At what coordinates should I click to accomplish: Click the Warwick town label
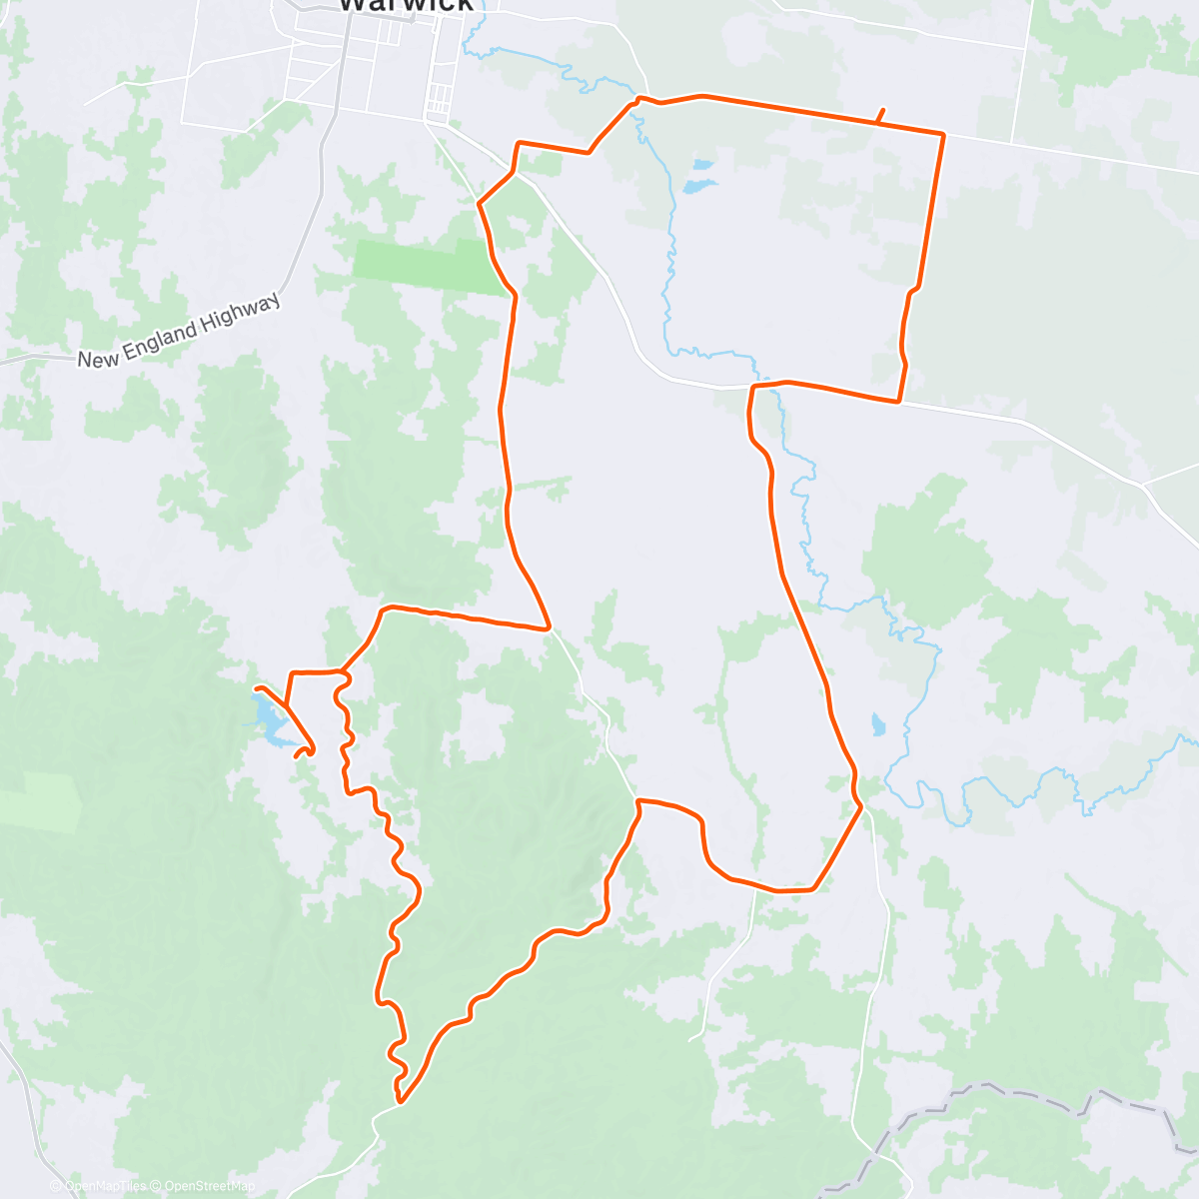pyautogui.click(x=406, y=5)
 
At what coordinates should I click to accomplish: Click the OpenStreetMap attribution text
pyautogui.click(x=209, y=1186)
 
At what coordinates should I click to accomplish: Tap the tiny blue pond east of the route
pyautogui.click(x=878, y=723)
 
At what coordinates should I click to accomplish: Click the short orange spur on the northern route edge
pyautogui.click(x=880, y=115)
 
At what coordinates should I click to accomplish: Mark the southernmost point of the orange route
pyautogui.click(x=400, y=1101)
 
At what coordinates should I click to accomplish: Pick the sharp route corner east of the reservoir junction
pyautogui.click(x=548, y=628)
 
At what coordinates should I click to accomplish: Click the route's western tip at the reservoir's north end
pyautogui.click(x=257, y=688)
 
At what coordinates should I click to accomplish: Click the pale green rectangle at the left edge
pyautogui.click(x=40, y=799)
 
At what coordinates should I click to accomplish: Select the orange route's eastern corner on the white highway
pyautogui.click(x=899, y=401)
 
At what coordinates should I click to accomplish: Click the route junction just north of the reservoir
pyautogui.click(x=288, y=705)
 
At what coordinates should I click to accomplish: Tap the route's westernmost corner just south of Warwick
pyautogui.click(x=480, y=204)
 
